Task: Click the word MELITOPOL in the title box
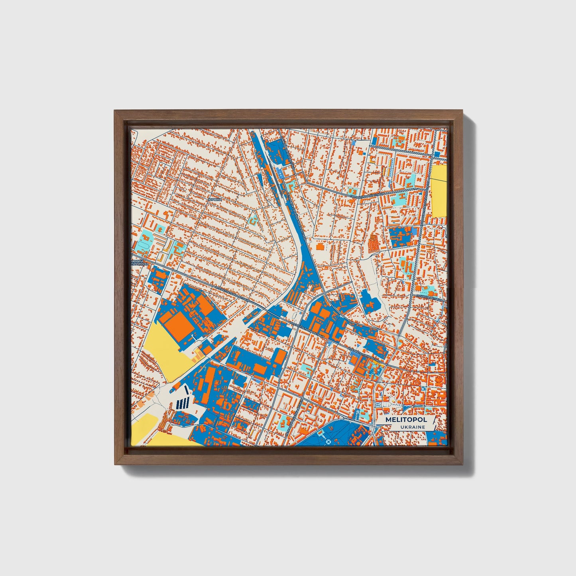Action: (406, 420)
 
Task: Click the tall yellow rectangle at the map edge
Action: (439, 191)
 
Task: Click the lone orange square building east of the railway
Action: (320, 247)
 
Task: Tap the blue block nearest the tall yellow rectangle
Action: (437, 154)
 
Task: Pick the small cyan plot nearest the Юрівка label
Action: (253, 219)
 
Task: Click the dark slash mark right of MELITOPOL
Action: (432, 420)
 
